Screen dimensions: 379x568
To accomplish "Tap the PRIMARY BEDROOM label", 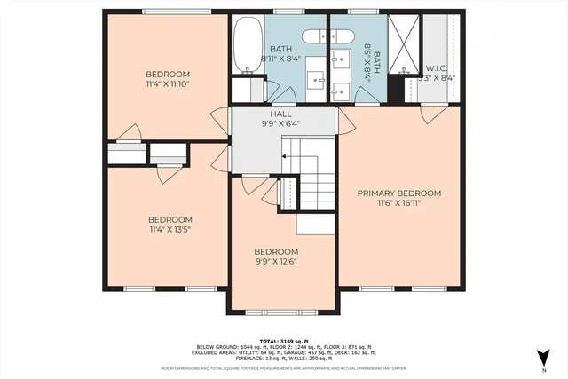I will pyautogui.click(x=399, y=193).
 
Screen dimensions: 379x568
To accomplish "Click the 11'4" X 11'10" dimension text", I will pyautogui.click(x=168, y=83).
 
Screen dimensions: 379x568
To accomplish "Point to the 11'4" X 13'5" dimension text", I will pyautogui.click(x=169, y=229).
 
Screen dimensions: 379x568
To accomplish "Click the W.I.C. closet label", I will pyautogui.click(x=437, y=67).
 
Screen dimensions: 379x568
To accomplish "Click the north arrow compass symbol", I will pyautogui.click(x=541, y=358).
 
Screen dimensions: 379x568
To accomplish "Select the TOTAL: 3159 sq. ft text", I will pyautogui.click(x=284, y=340).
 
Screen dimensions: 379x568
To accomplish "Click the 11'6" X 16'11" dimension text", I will pyautogui.click(x=399, y=202).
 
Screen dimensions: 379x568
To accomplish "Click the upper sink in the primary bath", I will pyautogui.click(x=341, y=60).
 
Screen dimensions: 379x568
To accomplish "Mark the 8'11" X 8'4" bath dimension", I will pyautogui.click(x=280, y=59).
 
